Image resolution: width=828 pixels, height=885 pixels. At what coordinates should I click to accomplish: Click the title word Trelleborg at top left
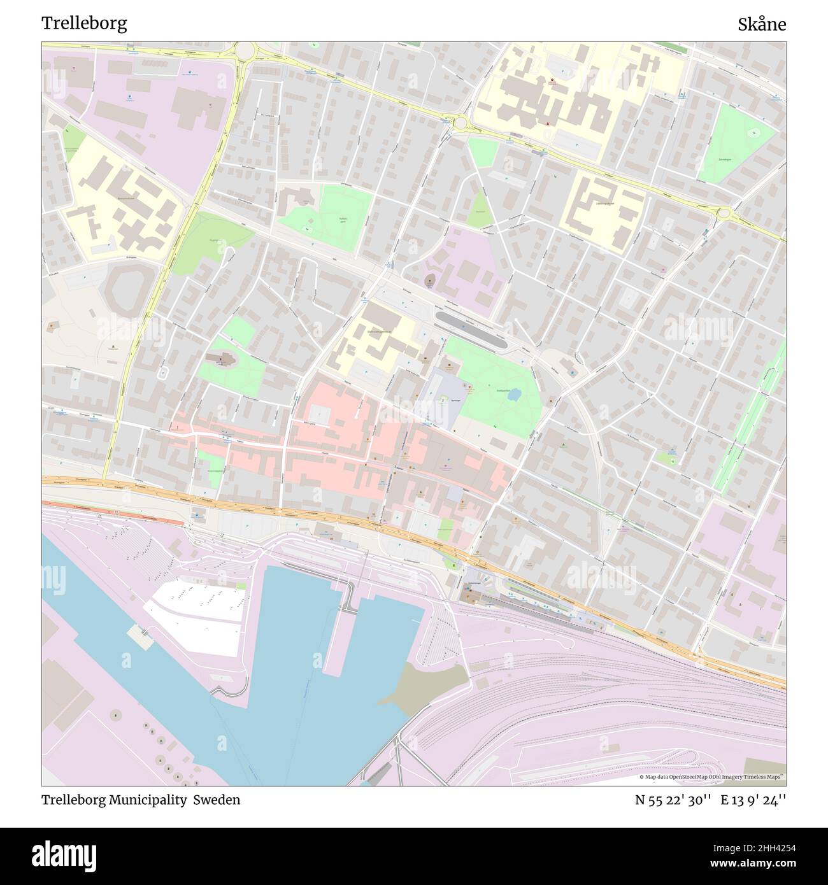(x=84, y=24)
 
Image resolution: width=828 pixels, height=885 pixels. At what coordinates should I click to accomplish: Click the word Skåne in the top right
(x=762, y=25)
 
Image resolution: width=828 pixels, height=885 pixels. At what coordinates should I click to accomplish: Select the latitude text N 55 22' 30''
(x=673, y=800)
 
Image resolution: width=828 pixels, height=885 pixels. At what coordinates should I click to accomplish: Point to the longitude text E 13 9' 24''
(x=753, y=800)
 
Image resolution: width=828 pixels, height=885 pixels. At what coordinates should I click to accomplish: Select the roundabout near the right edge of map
(x=724, y=213)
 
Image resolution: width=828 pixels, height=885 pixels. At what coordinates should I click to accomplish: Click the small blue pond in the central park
(x=513, y=395)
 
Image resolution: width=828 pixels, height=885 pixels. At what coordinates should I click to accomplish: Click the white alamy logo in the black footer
(x=69, y=855)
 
